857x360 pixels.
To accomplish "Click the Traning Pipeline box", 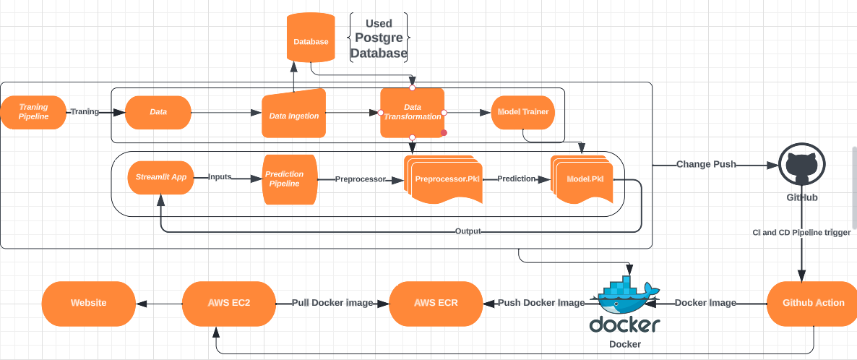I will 33,113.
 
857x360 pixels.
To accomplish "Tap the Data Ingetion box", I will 293,114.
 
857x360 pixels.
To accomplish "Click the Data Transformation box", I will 412,112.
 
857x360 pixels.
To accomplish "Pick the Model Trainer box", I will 523,112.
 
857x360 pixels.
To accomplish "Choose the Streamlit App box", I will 161,176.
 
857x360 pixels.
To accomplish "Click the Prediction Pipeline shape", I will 289,179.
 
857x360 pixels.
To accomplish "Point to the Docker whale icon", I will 624,293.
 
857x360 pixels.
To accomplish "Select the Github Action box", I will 813,303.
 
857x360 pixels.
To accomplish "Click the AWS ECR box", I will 436,303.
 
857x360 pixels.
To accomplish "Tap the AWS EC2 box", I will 228,303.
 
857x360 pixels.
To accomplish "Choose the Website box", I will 88,303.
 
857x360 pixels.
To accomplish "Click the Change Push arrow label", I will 705,164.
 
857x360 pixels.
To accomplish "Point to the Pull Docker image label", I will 332,303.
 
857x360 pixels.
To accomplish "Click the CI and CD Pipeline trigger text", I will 801,233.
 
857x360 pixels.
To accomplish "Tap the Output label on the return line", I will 468,231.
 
